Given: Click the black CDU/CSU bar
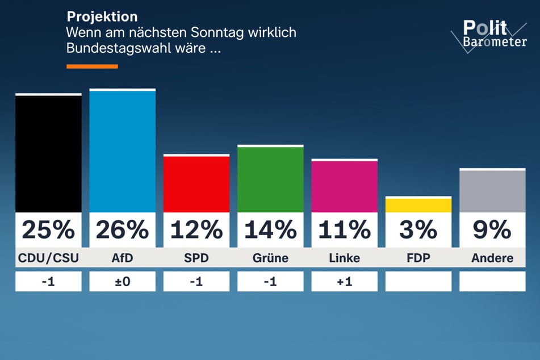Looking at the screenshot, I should pos(48,153).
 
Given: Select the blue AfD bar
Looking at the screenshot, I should pos(122,151).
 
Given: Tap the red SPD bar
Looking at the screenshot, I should pos(196,184).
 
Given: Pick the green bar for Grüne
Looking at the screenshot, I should pos(270,179).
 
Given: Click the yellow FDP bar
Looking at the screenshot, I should pos(418,205).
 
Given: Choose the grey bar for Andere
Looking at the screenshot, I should pos(492,191).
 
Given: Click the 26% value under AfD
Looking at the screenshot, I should pos(122,230).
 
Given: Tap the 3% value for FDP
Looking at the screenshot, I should pos(418,230).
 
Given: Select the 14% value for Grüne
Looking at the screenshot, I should pos(270,230).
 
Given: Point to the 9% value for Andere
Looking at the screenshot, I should pos(492,230).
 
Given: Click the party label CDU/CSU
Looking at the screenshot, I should pos(48,258).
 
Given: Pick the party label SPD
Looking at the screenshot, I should pos(196,258).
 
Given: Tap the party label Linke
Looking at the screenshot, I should pos(344,258).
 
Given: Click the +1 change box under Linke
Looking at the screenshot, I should pos(344,281).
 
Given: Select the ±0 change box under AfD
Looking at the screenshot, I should pos(122,281).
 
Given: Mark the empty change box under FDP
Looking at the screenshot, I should pos(418,281).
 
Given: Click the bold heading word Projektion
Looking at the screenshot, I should pos(102,17).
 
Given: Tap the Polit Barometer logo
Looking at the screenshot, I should pos(488,36).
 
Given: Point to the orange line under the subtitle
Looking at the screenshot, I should pos(92,66).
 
